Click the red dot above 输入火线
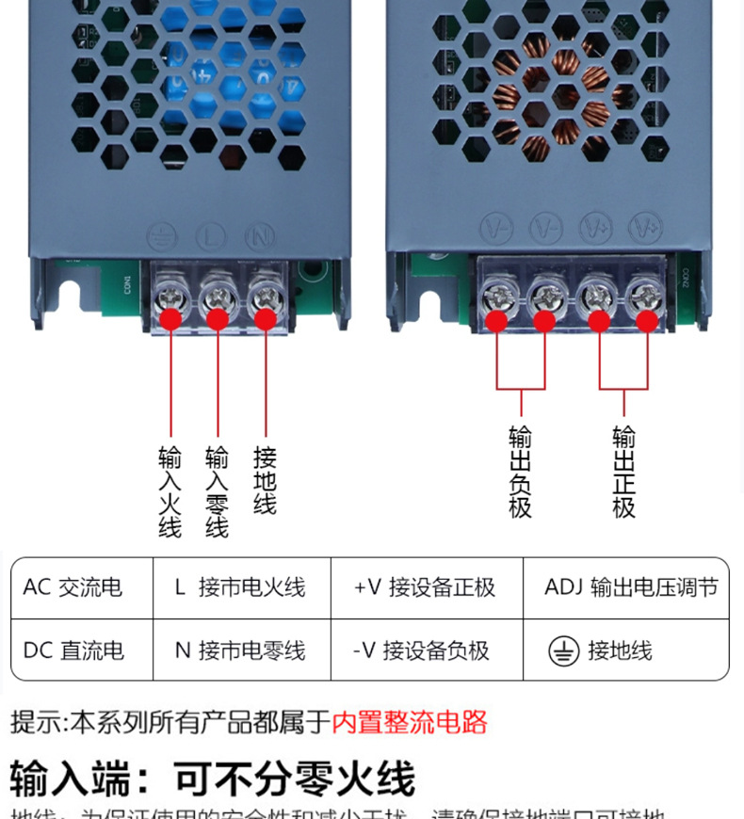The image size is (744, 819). click(x=170, y=318)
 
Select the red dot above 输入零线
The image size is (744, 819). click(x=218, y=318)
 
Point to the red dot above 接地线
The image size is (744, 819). click(x=264, y=318)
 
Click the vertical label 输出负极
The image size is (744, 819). click(x=520, y=472)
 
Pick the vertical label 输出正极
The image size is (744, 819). click(x=623, y=472)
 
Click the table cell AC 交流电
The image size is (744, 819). click(x=73, y=587)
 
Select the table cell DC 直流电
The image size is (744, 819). click(x=73, y=650)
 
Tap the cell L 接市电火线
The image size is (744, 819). click(x=240, y=587)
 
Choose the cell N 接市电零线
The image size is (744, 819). click(x=240, y=650)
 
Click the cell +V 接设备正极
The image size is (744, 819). click(x=425, y=587)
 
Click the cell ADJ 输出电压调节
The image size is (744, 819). click(x=630, y=587)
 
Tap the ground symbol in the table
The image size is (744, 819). click(x=563, y=651)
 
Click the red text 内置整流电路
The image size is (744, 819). click(x=410, y=723)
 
